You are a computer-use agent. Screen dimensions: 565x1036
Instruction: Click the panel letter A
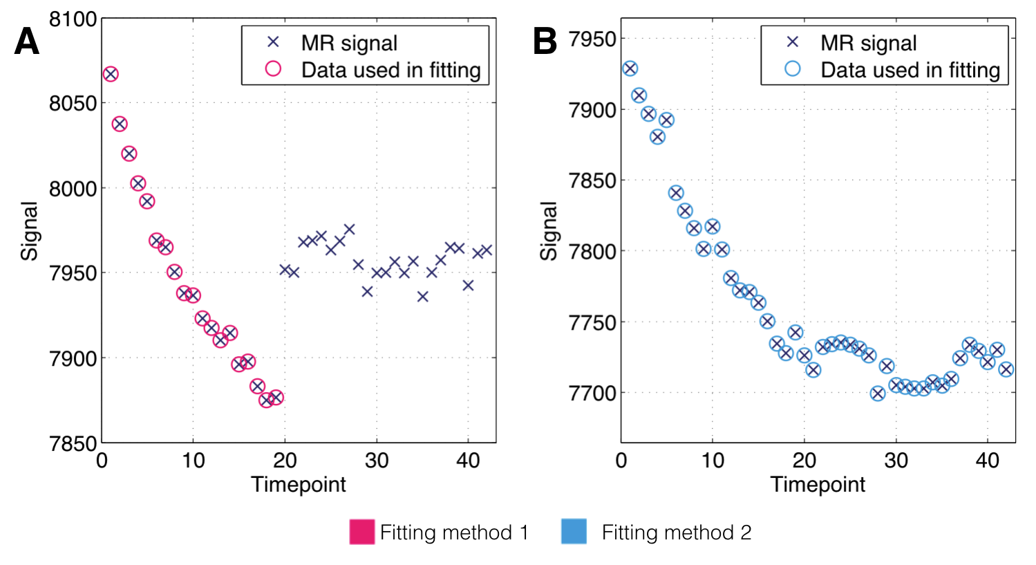point(27,41)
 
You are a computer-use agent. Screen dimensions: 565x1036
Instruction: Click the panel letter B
point(545,41)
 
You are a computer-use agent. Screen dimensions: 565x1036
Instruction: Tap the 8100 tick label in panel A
point(73,19)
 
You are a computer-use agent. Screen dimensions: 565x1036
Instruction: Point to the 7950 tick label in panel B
point(592,39)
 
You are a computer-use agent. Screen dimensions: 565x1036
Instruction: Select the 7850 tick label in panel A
point(73,443)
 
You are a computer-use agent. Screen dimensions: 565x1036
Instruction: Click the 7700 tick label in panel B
point(592,393)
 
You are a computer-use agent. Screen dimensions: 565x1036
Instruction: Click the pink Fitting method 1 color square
point(361,532)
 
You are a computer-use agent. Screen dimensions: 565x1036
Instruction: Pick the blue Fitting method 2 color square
point(574,532)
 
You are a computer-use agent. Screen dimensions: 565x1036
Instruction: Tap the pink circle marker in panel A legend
point(273,68)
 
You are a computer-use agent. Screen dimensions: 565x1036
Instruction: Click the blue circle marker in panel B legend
point(793,68)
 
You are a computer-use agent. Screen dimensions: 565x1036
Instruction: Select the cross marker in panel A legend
point(273,42)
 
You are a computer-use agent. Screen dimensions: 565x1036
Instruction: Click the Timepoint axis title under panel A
point(299,484)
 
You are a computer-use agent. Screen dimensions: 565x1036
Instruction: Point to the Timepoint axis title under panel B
point(818,484)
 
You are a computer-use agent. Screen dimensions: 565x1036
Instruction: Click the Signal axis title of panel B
point(548,231)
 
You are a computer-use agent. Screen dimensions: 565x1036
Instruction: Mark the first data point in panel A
point(111,74)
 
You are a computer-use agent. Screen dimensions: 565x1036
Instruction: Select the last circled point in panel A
point(276,397)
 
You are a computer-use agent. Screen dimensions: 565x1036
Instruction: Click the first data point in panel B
point(630,68)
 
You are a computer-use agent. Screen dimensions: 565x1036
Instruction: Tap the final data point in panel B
point(1006,369)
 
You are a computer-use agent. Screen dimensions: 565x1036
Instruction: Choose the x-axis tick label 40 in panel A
point(468,461)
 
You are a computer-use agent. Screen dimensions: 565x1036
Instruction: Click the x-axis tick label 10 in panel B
point(713,461)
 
